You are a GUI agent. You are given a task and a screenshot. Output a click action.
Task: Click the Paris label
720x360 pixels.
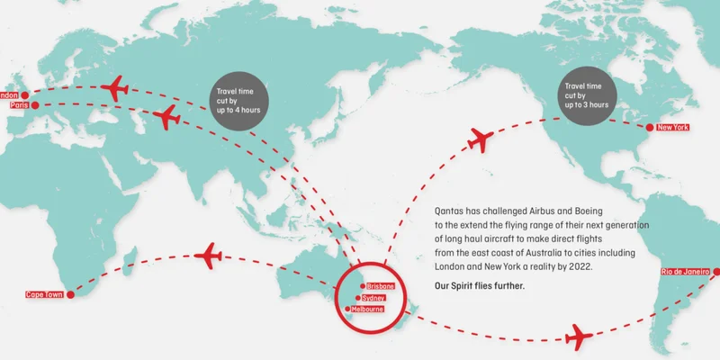click(x=19, y=105)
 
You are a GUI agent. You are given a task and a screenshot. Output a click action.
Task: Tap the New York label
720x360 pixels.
click(x=672, y=128)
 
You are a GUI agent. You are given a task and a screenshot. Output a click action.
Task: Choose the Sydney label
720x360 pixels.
click(x=373, y=297)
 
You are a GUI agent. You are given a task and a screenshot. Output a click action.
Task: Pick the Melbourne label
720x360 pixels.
click(x=368, y=309)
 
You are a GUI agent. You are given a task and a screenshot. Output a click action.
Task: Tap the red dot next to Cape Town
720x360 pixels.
click(x=71, y=294)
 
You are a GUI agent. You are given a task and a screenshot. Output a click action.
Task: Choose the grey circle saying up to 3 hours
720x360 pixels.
click(x=586, y=93)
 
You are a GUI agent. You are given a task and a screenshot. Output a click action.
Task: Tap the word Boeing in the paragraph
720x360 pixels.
click(x=619, y=208)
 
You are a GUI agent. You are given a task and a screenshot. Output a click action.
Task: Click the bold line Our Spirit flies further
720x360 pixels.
click(x=478, y=286)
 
